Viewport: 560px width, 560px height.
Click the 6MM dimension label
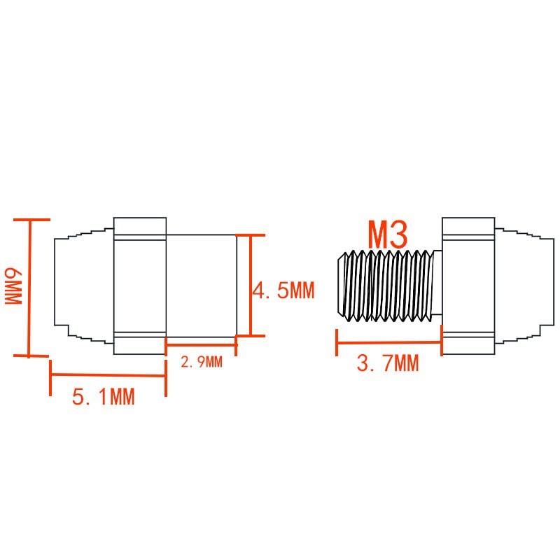(x=14, y=286)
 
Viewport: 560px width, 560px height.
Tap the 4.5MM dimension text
(x=283, y=290)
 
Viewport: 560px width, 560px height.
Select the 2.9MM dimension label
(x=202, y=362)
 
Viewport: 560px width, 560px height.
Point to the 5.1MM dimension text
(x=104, y=397)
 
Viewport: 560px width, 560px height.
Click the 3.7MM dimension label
(x=388, y=363)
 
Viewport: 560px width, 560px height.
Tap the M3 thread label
(x=388, y=234)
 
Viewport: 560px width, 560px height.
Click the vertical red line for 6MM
(x=29, y=288)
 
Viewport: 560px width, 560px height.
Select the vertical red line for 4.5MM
(x=251, y=286)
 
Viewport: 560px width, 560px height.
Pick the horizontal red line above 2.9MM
(x=201, y=345)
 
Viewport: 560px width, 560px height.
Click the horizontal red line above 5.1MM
(x=108, y=375)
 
